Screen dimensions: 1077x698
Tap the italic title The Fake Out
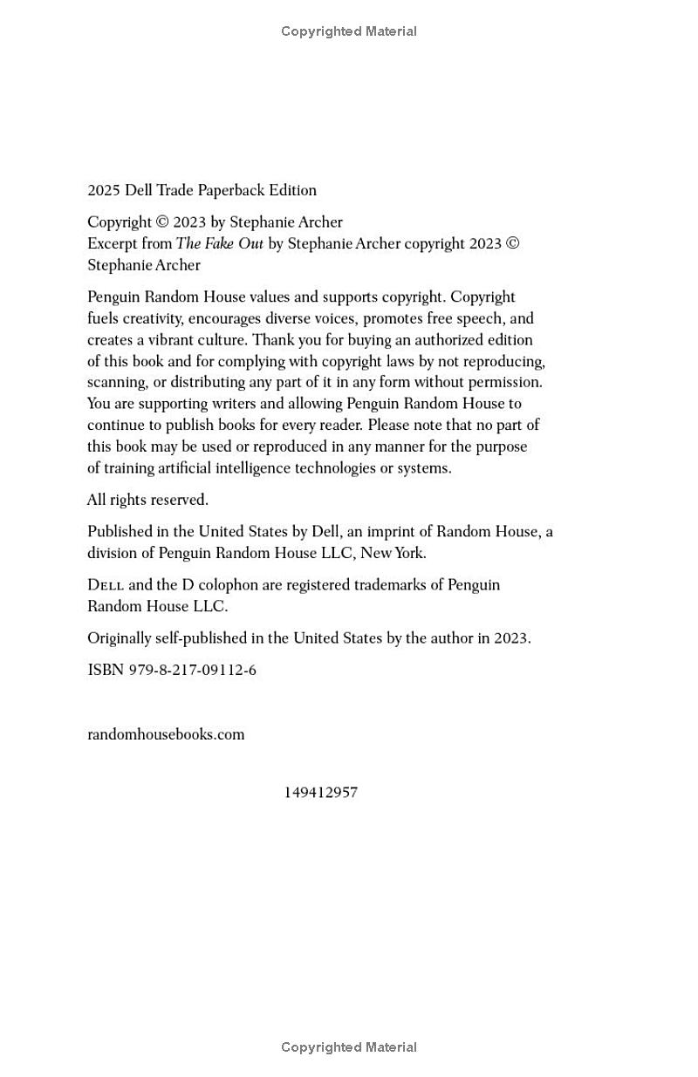(x=219, y=244)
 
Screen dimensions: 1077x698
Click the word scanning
(x=116, y=382)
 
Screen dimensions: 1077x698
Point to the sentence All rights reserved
(x=147, y=500)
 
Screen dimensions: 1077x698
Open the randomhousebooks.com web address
(x=166, y=734)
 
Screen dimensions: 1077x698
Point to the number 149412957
(x=320, y=793)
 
